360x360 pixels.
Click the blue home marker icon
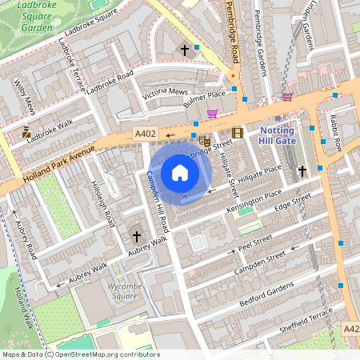[x=180, y=173]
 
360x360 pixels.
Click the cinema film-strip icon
[x=237, y=133]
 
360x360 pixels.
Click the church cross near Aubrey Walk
[x=136, y=237]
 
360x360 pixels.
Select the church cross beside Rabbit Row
[x=302, y=171]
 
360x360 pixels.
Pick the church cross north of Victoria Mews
[x=185, y=50]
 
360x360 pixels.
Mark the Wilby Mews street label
[x=25, y=94]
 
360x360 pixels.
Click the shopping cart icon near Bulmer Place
[x=212, y=114]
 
